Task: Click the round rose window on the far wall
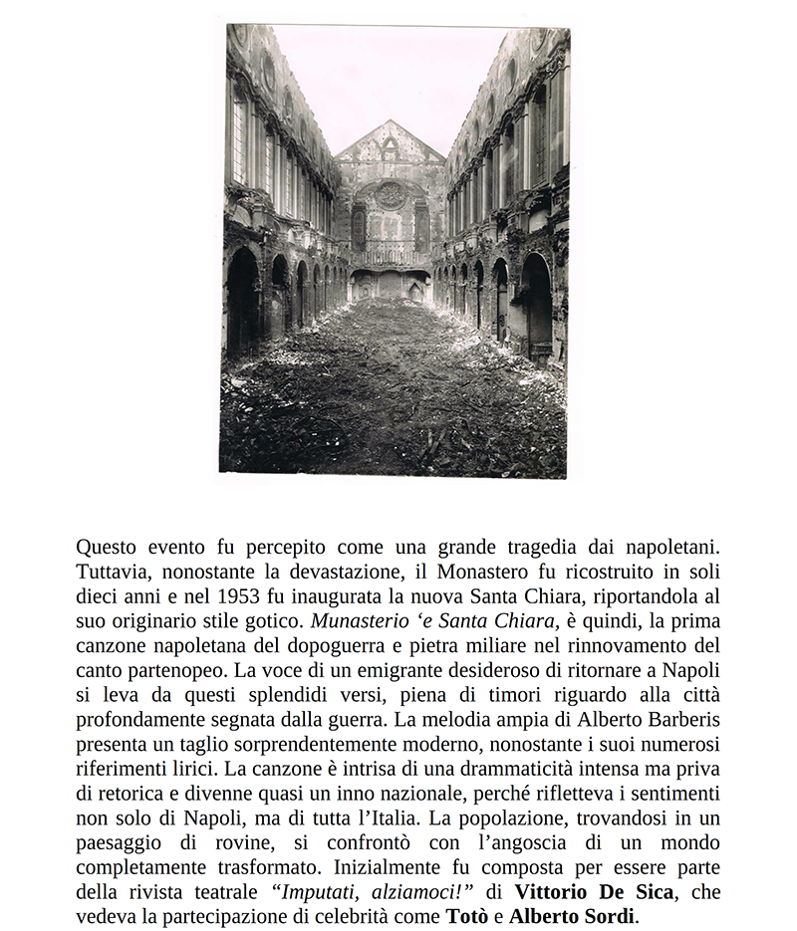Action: [x=390, y=195]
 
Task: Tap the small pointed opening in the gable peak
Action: [x=390, y=148]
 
